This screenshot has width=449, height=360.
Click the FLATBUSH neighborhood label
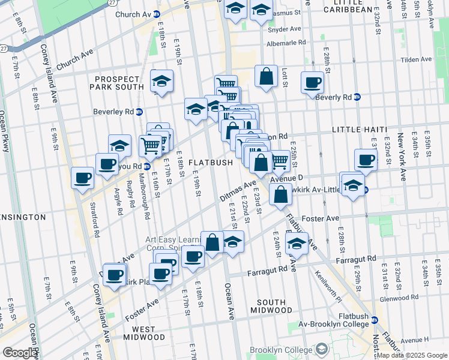pos(210,163)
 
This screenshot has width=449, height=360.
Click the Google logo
pos(20,352)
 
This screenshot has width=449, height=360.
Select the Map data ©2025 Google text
pos(411,355)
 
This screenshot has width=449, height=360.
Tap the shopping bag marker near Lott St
pos(265,77)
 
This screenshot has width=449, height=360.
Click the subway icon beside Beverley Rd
pos(139,111)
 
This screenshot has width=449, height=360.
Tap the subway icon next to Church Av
pos(157,14)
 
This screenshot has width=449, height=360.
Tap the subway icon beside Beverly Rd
pos(357,97)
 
